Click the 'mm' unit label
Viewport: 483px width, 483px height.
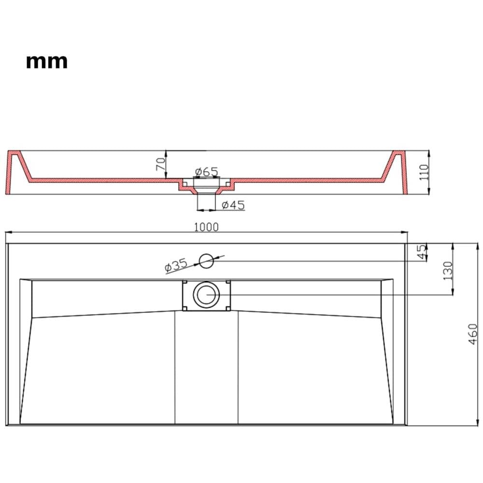47,62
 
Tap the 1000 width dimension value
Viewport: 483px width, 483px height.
206,227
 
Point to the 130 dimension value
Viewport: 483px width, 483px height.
448,270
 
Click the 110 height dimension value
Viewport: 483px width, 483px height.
424,172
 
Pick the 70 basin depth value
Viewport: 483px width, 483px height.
160,164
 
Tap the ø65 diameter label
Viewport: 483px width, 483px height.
206,171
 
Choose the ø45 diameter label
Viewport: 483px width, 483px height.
233,205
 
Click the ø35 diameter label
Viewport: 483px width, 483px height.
176,265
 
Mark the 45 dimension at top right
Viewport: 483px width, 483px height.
421,252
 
